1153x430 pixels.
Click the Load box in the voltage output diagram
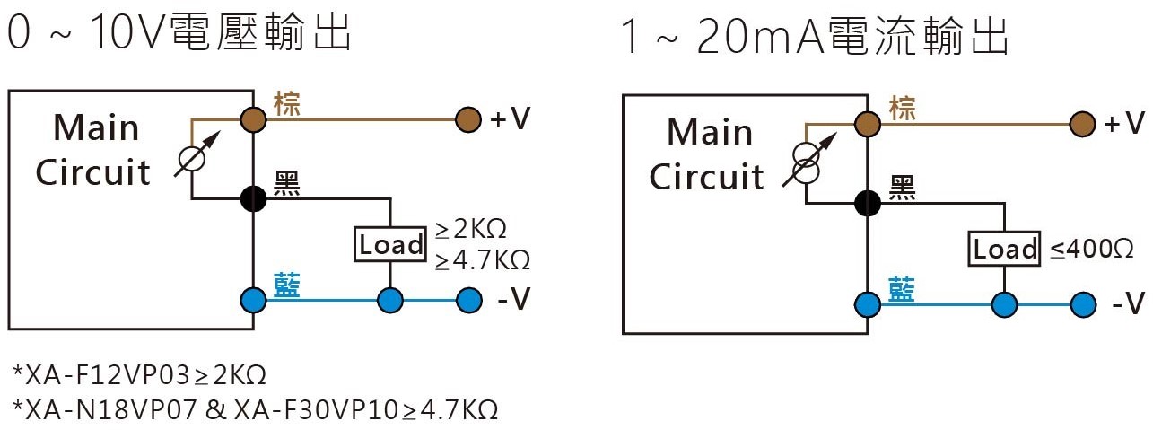coord(390,244)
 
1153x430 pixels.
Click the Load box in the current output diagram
coord(1004,250)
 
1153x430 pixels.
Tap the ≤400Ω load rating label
coord(1091,250)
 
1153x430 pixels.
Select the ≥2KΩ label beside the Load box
coord(470,229)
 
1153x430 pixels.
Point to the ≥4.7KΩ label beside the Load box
coord(483,260)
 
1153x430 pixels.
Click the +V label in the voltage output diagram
coord(510,119)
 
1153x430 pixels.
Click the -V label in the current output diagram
coord(1129,303)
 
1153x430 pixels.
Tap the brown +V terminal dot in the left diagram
coord(467,119)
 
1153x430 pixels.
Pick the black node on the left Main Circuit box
coord(253,198)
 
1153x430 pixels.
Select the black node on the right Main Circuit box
coord(868,204)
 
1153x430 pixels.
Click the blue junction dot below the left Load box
coord(390,300)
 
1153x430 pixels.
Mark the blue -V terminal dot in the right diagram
coord(1083,305)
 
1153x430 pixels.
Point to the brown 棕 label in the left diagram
coord(287,104)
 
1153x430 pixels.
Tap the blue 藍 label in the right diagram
coord(901,289)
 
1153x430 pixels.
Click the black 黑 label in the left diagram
coord(287,184)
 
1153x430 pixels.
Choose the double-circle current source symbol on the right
coord(806,163)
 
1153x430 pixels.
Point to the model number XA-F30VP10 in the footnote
coord(316,410)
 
